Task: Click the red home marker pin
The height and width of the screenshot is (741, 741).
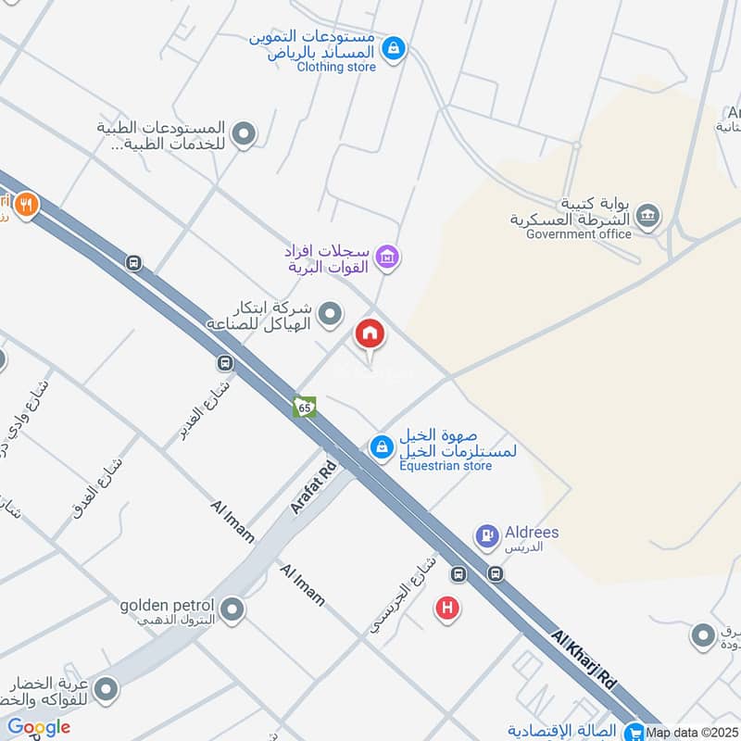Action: (x=370, y=334)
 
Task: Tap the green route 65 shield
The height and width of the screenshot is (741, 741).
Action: (x=305, y=407)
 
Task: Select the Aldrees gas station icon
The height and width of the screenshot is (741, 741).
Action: (x=486, y=535)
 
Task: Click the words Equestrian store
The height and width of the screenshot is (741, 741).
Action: (x=446, y=465)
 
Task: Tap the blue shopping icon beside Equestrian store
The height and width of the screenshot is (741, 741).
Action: (x=381, y=447)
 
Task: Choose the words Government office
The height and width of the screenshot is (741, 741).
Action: (x=579, y=234)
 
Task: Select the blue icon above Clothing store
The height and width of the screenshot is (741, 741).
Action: (x=394, y=47)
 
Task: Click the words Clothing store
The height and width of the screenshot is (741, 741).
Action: (x=336, y=67)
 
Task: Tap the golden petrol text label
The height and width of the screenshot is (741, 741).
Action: (x=167, y=606)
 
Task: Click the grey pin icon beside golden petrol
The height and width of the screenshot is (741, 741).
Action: (x=232, y=609)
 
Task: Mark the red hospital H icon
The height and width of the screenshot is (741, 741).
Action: (x=447, y=609)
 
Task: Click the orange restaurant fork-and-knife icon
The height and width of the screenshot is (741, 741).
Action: (x=26, y=204)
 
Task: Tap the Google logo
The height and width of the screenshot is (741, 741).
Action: (x=39, y=727)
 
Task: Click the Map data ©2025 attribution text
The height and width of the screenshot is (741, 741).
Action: (x=693, y=733)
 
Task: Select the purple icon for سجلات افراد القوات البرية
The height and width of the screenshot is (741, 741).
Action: (x=388, y=257)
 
